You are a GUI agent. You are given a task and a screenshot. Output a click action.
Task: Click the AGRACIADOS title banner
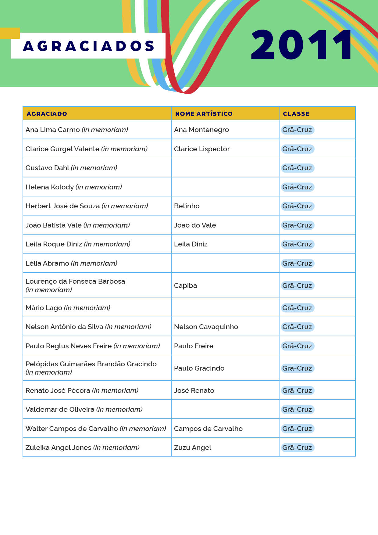[88, 46]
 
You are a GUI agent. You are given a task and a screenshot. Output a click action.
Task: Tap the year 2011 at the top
[301, 45]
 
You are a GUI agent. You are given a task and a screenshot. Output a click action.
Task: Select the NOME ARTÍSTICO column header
[204, 114]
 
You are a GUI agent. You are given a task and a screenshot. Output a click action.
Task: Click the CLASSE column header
[296, 114]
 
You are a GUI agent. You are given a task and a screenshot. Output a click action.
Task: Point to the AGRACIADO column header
[47, 114]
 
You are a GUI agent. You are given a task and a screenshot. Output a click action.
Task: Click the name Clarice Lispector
[202, 149]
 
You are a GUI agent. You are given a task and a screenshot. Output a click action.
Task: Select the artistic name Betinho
[187, 206]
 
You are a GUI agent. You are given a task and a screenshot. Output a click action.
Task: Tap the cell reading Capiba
[185, 285]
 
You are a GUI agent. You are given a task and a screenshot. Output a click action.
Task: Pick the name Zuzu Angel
[192, 447]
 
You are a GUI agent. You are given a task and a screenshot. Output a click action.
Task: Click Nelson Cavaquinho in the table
[206, 327]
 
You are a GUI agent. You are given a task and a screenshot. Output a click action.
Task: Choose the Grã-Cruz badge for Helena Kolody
[297, 187]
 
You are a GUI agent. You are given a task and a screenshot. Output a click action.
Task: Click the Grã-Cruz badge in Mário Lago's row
[297, 308]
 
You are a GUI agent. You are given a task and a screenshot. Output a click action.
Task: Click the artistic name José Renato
[194, 390]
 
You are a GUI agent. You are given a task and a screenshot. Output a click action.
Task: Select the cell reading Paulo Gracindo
[199, 368]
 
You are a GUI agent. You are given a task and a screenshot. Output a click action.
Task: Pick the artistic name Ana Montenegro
[201, 130]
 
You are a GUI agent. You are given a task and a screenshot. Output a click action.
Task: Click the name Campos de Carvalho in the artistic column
[208, 429]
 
